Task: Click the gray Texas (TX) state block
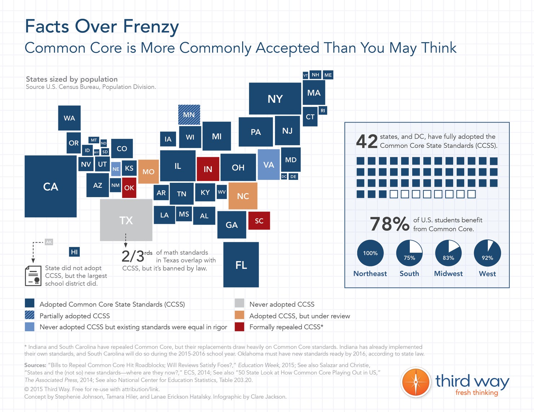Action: pos(126,220)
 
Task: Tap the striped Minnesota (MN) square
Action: pos(189,115)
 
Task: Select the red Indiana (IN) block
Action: pos(208,169)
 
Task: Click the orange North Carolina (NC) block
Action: pos(243,196)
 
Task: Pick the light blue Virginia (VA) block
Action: pos(268,165)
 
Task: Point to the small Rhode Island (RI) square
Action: pos(323,111)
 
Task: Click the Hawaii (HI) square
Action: pos(74,252)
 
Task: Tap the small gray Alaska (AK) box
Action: pos(49,242)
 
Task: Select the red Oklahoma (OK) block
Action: pos(129,187)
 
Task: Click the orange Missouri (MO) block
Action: pos(148,172)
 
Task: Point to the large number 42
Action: pos(367,141)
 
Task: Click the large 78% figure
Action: pos(389,224)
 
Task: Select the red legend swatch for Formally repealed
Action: pos(240,327)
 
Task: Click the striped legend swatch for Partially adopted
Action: pos(30,315)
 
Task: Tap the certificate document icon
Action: pos(33,276)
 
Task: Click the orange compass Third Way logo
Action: pos(416,382)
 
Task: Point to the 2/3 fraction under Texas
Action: pos(133,256)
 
